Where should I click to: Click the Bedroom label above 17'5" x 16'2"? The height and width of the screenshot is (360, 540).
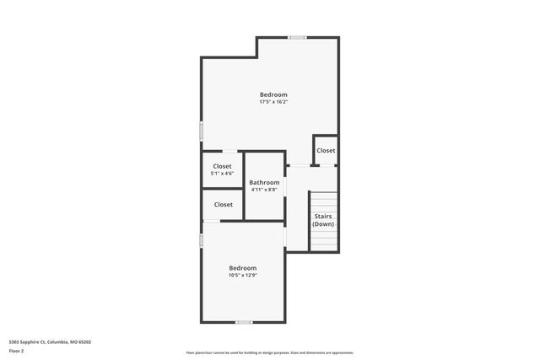273,94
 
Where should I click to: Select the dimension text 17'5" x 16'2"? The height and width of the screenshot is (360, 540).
273,103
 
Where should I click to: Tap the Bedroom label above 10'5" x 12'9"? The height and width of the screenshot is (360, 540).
243,268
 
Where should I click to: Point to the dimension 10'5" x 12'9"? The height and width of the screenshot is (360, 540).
243,276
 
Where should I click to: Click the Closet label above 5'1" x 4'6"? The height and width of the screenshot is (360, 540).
223,166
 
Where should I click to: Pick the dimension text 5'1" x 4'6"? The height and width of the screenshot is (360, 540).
223,174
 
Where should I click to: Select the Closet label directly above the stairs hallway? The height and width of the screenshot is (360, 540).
326,151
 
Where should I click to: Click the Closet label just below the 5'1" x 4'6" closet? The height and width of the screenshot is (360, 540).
223,205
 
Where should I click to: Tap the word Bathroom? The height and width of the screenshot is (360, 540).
264,182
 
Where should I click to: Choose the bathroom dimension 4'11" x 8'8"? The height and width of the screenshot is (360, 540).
264,190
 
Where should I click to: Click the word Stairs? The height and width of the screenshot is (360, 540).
323,217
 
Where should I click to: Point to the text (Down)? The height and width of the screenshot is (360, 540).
323,224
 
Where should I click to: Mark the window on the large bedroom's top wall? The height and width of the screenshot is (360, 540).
297,37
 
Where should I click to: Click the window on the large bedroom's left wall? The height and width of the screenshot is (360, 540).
201,132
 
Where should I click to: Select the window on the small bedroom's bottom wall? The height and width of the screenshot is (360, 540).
243,322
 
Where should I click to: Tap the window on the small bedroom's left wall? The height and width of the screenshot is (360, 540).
201,240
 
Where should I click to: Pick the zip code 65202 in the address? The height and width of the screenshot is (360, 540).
83,342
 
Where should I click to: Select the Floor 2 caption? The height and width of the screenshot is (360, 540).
17,351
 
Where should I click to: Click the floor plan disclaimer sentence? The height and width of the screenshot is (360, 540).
270,353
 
